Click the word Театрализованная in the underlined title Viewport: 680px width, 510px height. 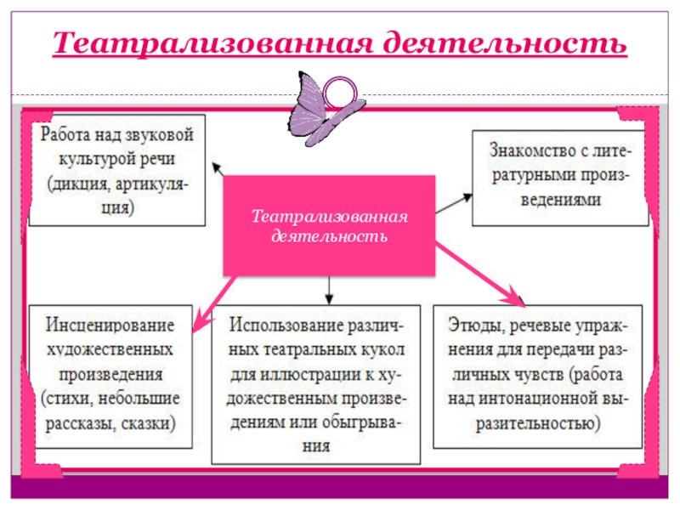tap(210, 42)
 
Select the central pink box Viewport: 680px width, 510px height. tap(329, 225)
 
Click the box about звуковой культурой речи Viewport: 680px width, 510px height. tap(117, 170)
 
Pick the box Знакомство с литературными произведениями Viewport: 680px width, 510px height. tap(561, 178)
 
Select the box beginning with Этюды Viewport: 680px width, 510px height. tap(540, 374)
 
